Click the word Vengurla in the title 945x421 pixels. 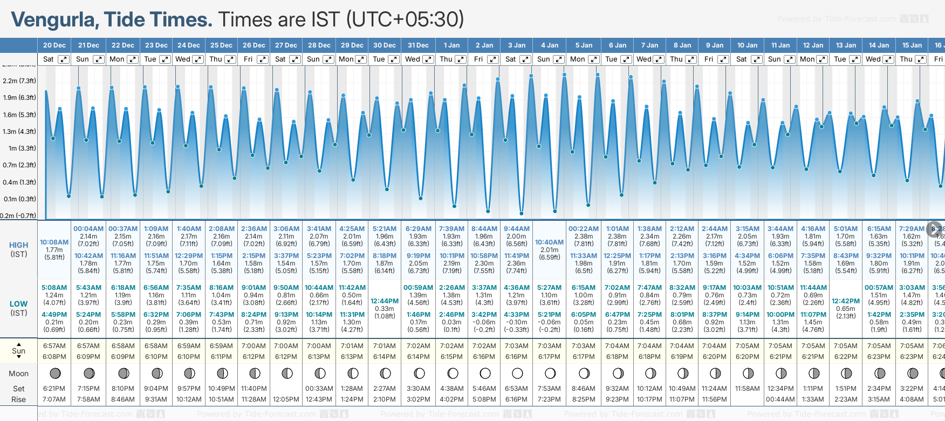(54, 20)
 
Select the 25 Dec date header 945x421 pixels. (221, 45)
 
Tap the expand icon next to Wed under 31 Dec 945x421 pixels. (428, 59)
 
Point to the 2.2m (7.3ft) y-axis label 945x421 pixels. (19, 81)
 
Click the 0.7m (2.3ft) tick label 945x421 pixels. (19, 165)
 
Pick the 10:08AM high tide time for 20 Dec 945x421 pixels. (54, 242)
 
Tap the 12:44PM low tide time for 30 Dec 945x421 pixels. (385, 301)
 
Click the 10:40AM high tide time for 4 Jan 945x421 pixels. (549, 242)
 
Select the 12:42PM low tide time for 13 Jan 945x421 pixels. (846, 301)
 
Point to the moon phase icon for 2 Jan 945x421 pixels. (484, 373)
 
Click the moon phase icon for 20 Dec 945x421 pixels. (54, 373)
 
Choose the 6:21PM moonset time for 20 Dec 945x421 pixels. (54, 389)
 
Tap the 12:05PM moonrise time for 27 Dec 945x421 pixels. (286, 399)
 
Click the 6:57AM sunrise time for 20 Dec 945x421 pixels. (54, 346)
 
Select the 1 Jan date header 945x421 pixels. (451, 45)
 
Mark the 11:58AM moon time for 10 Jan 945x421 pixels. (747, 389)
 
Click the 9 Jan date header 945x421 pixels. (715, 45)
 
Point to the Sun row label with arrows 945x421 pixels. (19, 351)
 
